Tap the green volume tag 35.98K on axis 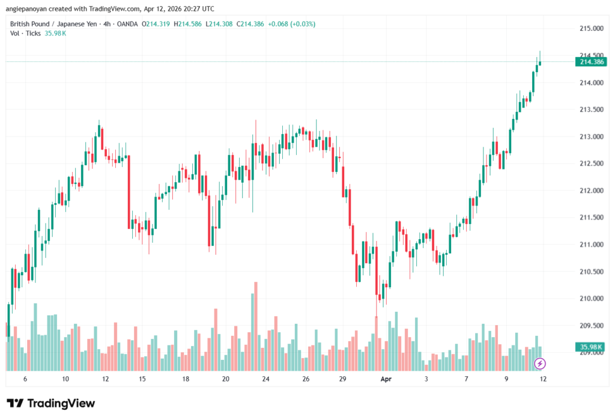[x=590, y=347]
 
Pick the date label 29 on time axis [x=343, y=379]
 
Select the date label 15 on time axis [x=142, y=379]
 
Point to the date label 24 [x=266, y=379]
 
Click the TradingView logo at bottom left [x=51, y=403]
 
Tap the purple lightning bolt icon [x=540, y=364]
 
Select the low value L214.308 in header [x=220, y=24]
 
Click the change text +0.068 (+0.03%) [x=291, y=24]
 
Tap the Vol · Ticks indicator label [x=25, y=33]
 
